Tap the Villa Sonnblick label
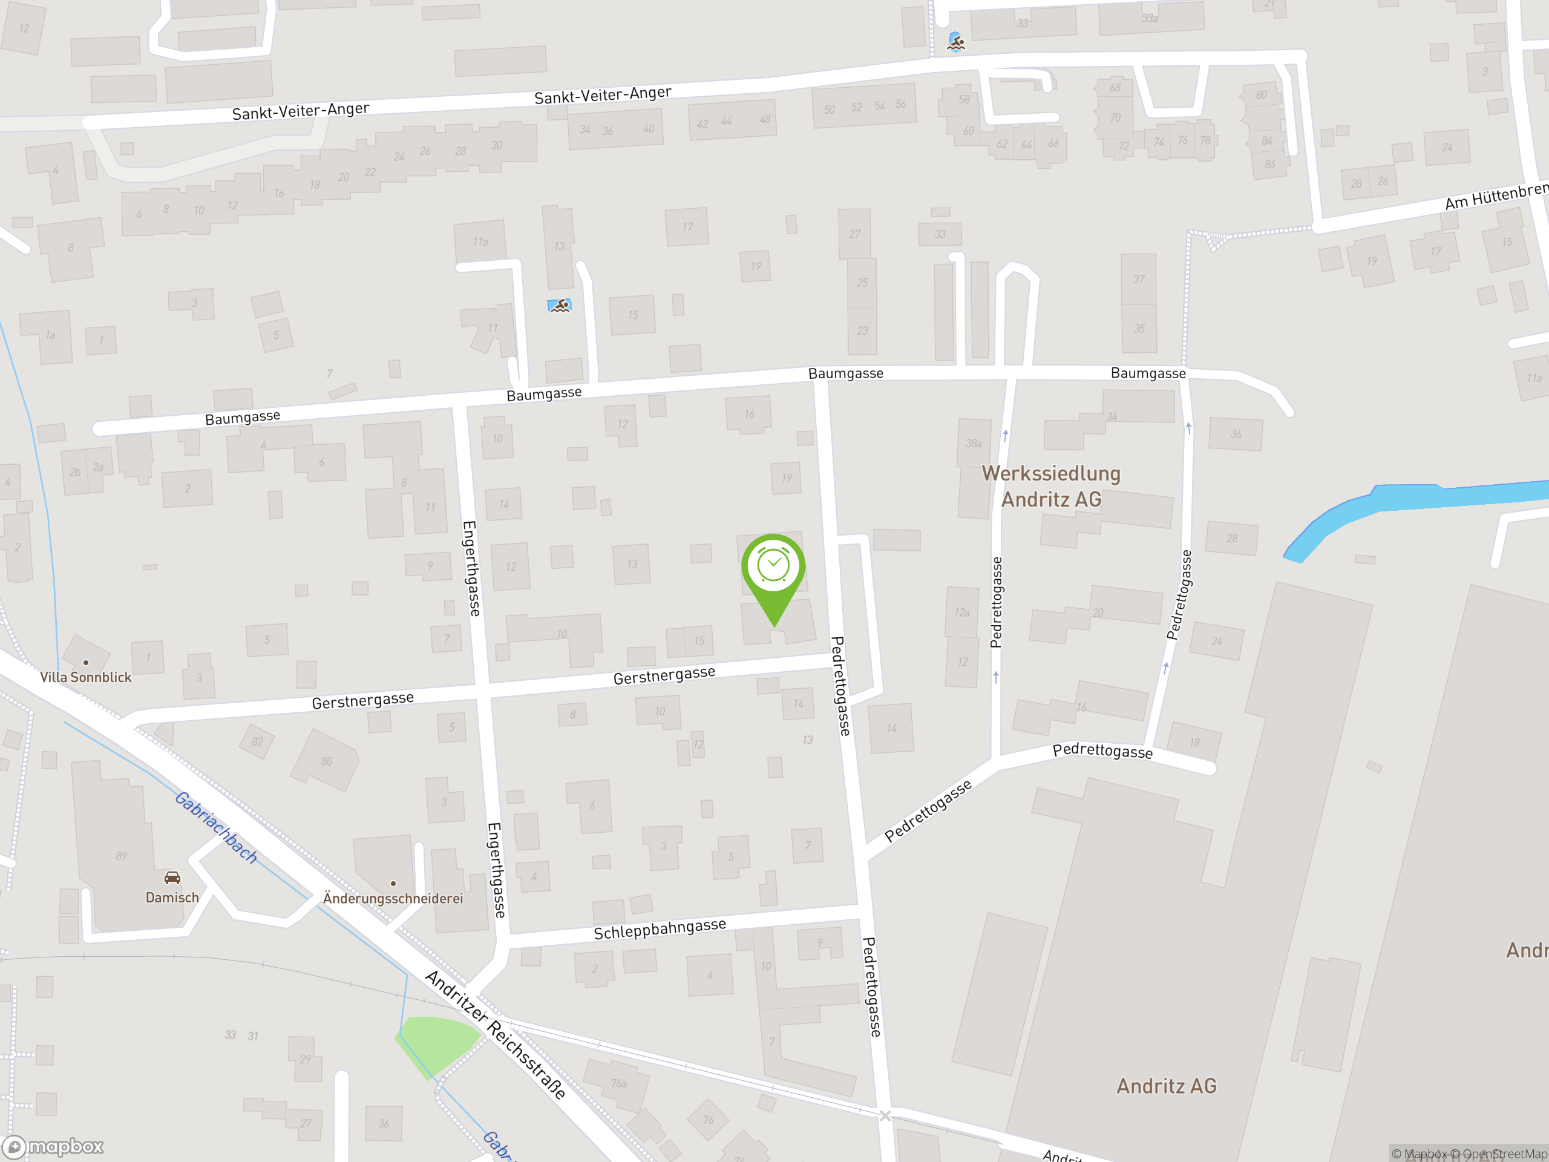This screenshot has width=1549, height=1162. pos(85,677)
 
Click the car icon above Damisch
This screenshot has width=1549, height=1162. pos(172,878)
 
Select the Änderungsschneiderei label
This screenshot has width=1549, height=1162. pos(393,898)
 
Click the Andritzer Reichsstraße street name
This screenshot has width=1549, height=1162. pos(495,1034)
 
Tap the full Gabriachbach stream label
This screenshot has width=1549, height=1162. pos(215,827)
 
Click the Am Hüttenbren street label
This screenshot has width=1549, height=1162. pos(1496,196)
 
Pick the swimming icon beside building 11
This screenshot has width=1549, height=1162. pos(560,306)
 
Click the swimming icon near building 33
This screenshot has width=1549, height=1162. pos(956,42)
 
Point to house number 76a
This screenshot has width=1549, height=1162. pos(618,1083)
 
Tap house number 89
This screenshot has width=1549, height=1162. pos(121,856)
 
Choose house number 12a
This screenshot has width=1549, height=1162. pos(961,613)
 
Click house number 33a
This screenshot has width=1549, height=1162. pos(1149,18)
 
